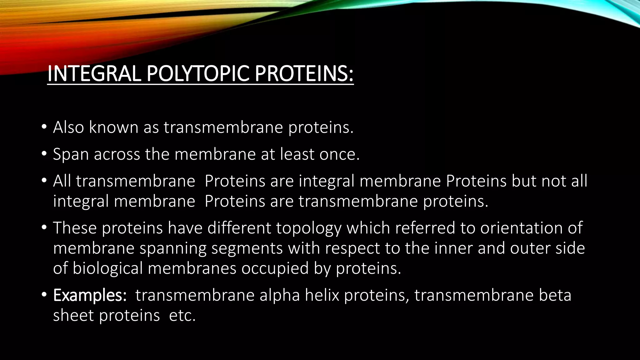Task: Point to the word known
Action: click(113, 127)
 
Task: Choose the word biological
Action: click(107, 268)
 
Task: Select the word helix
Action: click(322, 295)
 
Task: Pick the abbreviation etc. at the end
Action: click(182, 316)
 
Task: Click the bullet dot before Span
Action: click(44, 154)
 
